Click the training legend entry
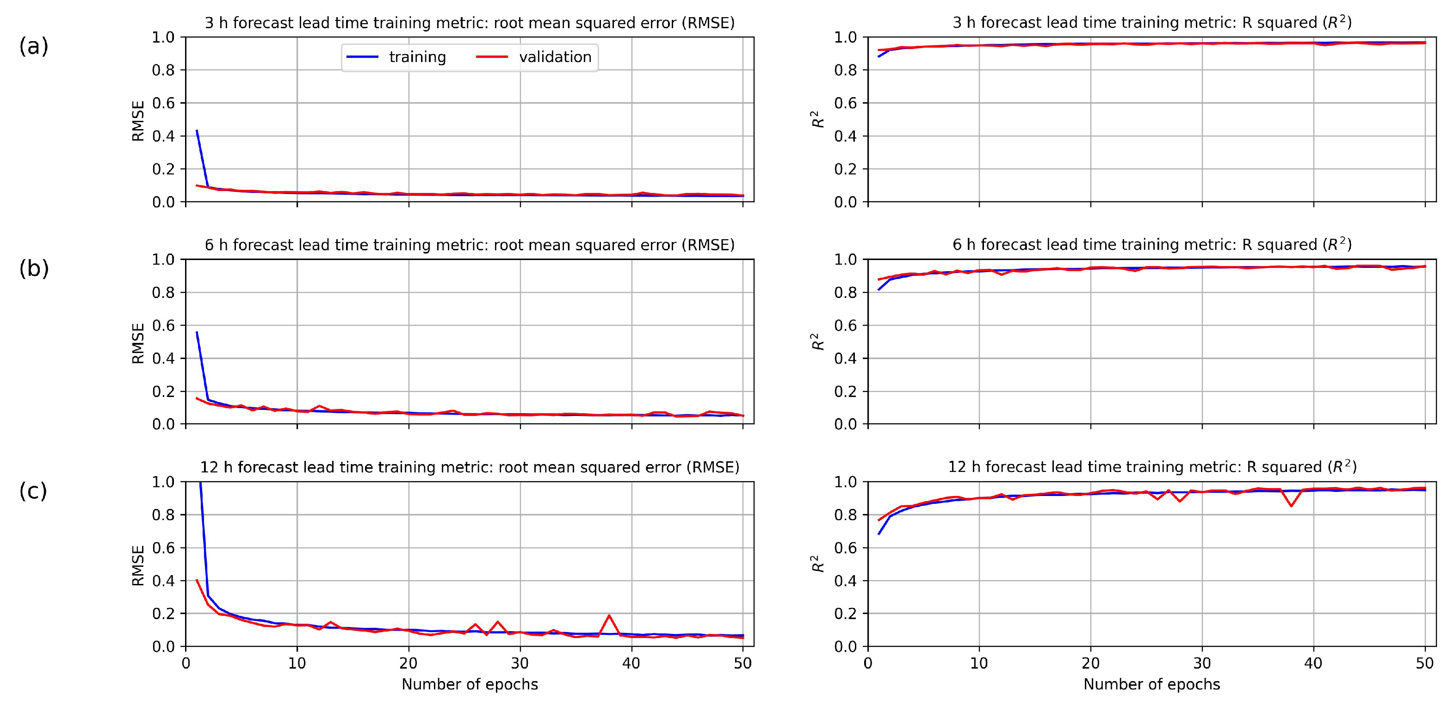[416, 57]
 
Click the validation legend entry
[554, 57]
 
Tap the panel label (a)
[34, 46]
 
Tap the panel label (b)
[34, 269]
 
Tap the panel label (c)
[33, 491]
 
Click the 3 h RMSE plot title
[470, 23]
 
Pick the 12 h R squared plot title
[1151, 467]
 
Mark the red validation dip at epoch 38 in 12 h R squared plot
[1291, 505]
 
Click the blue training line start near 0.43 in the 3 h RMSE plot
[197, 131]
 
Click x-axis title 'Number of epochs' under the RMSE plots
[470, 684]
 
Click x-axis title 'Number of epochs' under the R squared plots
[1151, 684]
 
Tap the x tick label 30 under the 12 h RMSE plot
[520, 664]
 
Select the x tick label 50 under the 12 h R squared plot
[1425, 664]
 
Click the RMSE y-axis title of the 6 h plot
[138, 342]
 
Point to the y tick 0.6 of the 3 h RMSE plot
[164, 103]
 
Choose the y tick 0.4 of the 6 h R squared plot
[846, 359]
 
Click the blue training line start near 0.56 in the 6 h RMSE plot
[197, 333]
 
